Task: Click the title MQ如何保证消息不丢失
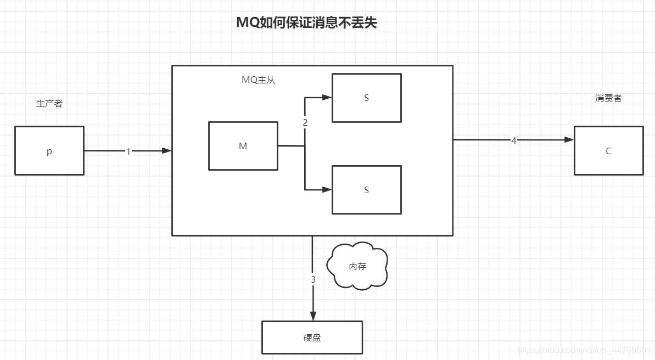[306, 22]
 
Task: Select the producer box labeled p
[49, 151]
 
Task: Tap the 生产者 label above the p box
[49, 103]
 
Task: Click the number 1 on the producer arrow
[128, 151]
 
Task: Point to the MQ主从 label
[258, 80]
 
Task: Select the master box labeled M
[243, 146]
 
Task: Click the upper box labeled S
[366, 98]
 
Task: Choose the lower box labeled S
[366, 190]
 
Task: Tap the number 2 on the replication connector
[305, 122]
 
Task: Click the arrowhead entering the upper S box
[327, 98]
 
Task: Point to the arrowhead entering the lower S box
[327, 190]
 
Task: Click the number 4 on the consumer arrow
[514, 140]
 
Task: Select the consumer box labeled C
[608, 151]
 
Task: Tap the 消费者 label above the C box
[608, 98]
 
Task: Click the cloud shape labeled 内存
[357, 266]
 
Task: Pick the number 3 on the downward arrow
[313, 279]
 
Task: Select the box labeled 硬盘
[312, 337]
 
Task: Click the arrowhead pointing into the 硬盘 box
[313, 316]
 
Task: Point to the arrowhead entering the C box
[569, 140]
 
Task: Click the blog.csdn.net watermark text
[584, 350]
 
